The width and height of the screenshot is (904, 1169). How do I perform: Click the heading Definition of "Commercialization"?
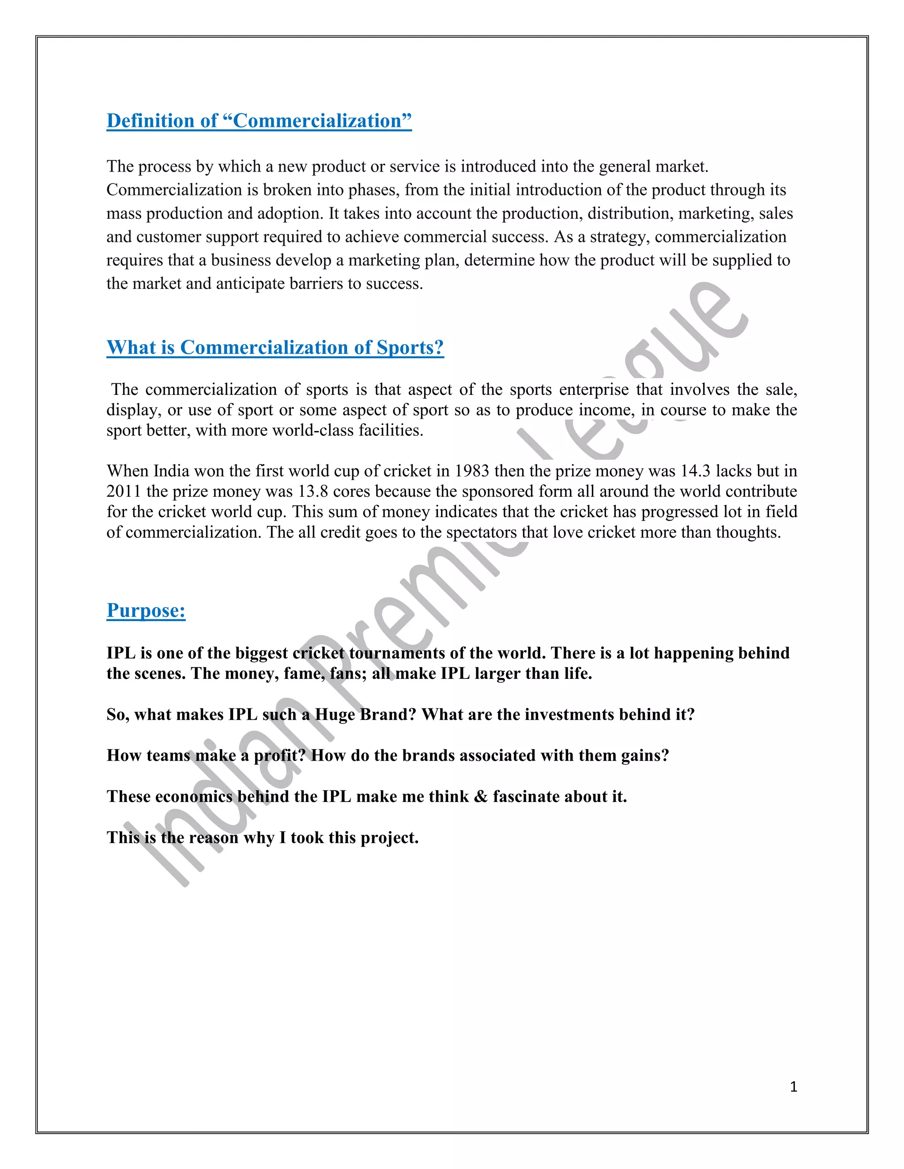pyautogui.click(x=259, y=121)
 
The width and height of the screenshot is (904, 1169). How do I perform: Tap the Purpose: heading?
pyautogui.click(x=146, y=610)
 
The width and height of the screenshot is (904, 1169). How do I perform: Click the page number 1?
pyautogui.click(x=793, y=1087)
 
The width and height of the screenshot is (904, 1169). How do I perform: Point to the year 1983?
pyautogui.click(x=471, y=471)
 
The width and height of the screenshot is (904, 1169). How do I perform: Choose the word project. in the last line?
pyautogui.click(x=389, y=838)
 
